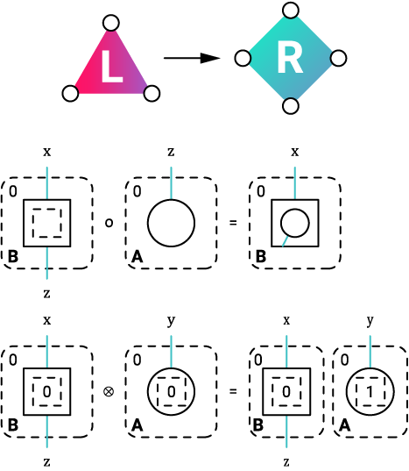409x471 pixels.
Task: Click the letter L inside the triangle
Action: click(x=110, y=68)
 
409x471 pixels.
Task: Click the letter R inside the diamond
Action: click(x=289, y=60)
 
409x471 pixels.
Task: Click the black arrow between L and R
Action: click(x=191, y=59)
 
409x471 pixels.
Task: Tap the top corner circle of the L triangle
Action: click(x=110, y=23)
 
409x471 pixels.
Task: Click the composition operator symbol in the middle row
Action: click(x=109, y=223)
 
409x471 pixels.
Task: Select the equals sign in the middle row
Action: click(x=232, y=223)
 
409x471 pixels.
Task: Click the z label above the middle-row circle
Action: click(x=171, y=151)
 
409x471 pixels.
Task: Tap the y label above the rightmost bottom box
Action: click(x=370, y=320)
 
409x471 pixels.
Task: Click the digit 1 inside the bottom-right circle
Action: click(x=370, y=390)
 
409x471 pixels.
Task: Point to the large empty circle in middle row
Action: click(x=171, y=223)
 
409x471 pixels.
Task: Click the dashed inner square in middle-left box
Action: click(x=47, y=223)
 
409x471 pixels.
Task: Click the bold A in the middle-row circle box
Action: click(x=137, y=257)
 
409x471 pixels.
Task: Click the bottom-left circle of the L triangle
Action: click(x=71, y=92)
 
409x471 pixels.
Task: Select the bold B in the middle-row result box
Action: click(x=260, y=257)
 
